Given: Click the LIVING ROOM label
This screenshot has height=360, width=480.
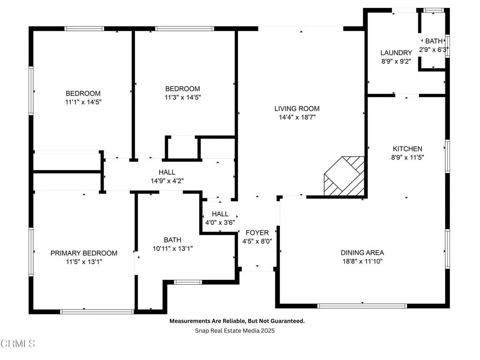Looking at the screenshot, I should (297, 109).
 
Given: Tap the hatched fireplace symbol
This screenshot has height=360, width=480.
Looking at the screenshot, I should (345, 176).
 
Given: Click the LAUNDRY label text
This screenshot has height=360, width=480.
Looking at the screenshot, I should (396, 52).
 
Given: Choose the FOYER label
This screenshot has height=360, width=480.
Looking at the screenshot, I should (257, 232).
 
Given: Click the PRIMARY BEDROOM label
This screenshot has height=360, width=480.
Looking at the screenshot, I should (84, 253).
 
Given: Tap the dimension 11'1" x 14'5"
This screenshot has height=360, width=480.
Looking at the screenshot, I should (83, 102).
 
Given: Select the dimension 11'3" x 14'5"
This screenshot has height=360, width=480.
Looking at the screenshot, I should (182, 97).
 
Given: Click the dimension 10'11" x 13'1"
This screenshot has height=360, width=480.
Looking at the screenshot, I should (172, 248).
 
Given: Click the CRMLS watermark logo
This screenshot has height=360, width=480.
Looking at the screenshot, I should (18, 344).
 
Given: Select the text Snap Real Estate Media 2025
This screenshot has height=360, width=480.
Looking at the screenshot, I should (235, 330).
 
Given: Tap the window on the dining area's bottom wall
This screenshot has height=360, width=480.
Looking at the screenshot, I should (362, 306).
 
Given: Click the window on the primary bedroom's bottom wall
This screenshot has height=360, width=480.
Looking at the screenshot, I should (97, 311).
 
